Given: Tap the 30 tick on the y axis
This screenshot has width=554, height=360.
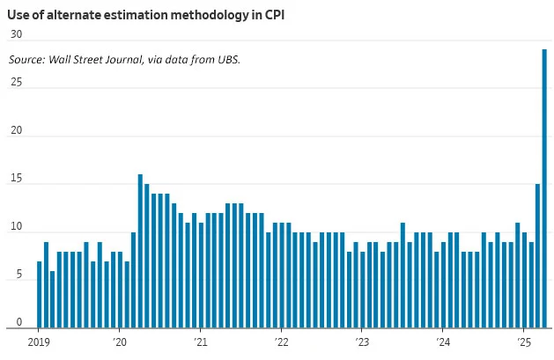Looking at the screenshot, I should tap(16, 34).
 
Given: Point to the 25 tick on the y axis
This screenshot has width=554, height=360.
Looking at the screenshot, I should tap(16, 84).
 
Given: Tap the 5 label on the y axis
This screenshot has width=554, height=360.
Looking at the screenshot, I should tap(18, 276).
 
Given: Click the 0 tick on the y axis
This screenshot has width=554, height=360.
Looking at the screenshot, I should tap(18, 324).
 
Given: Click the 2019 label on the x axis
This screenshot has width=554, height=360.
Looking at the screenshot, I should tap(40, 342).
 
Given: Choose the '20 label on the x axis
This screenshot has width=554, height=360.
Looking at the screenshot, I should tap(120, 342).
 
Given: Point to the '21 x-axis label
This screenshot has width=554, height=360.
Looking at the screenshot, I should tap(200, 342).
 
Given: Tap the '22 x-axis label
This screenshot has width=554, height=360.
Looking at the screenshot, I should tap(281, 342).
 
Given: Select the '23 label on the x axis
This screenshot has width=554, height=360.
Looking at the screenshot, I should tap(361, 342).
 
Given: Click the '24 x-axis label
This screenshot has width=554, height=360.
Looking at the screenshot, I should tap(442, 342).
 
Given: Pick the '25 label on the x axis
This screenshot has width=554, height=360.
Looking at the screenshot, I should tap(522, 342).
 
